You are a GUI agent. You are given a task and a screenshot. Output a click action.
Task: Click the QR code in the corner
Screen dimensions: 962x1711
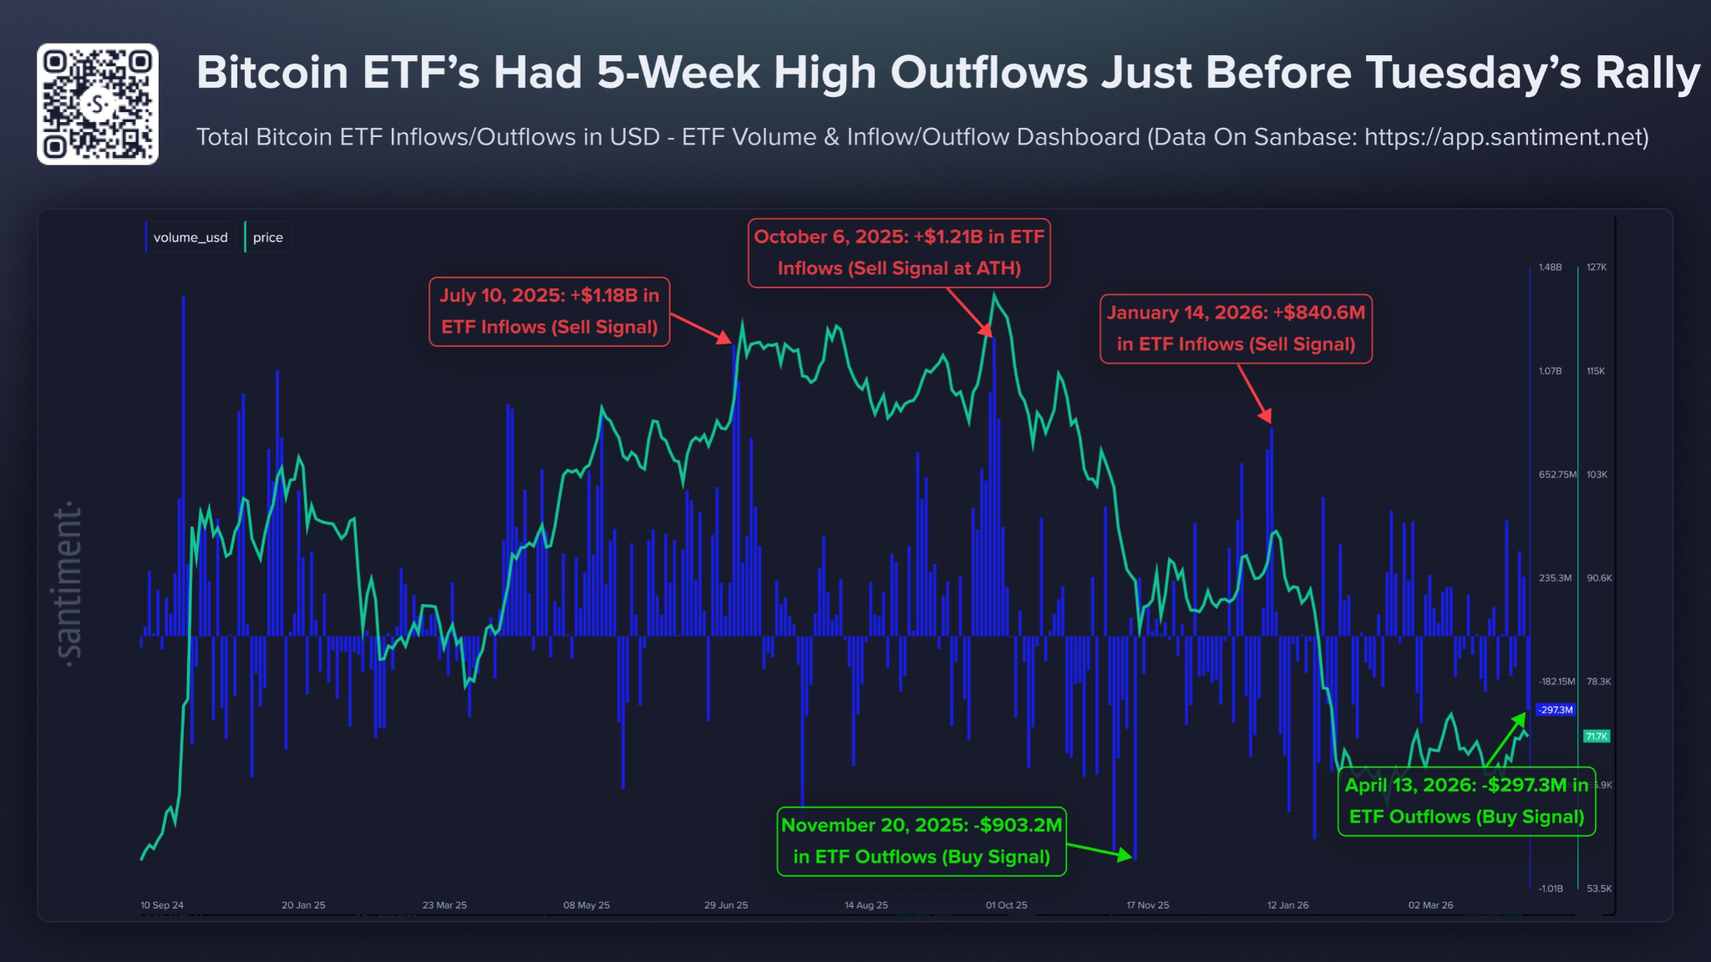(98, 104)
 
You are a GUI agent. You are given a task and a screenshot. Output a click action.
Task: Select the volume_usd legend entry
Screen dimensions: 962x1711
(190, 237)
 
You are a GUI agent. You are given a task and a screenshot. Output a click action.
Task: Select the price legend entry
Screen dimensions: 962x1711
(267, 237)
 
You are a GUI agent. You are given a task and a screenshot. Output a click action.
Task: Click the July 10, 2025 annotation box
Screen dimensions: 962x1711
(549, 312)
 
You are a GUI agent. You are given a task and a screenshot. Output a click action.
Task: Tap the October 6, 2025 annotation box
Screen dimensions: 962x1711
(899, 252)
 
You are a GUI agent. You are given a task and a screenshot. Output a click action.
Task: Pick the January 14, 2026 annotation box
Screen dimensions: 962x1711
(1236, 328)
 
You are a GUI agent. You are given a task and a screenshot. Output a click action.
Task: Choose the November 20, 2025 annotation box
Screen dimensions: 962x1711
(922, 841)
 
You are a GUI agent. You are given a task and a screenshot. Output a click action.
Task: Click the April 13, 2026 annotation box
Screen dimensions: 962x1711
(1466, 801)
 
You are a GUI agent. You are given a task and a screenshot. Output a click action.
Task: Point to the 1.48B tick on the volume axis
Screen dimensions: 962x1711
(1550, 267)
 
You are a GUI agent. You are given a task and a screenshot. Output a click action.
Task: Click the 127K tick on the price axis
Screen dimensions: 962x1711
(1597, 267)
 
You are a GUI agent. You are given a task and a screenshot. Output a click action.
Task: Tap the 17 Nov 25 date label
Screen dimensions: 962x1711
(1147, 905)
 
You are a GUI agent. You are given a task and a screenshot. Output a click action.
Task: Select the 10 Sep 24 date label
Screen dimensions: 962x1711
(162, 905)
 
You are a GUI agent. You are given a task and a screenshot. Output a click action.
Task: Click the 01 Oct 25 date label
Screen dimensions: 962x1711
(1006, 905)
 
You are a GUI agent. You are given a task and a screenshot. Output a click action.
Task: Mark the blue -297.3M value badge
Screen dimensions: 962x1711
(1556, 710)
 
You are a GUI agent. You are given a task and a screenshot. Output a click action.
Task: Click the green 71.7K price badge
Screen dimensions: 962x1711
(1597, 736)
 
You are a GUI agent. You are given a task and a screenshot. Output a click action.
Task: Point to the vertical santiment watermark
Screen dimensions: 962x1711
(69, 583)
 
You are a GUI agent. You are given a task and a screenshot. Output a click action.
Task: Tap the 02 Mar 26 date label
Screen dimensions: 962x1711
(1430, 905)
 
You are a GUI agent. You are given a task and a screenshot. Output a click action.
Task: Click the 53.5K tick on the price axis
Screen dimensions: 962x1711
(1599, 888)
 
